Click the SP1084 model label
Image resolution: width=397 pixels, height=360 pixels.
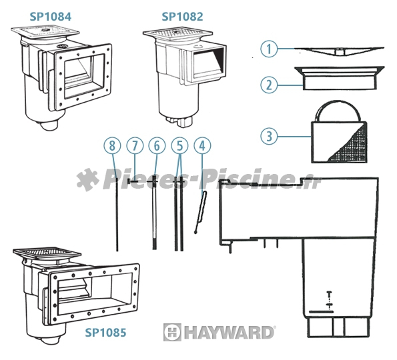pos(51,17)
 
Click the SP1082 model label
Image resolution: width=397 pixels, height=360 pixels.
pos(182,17)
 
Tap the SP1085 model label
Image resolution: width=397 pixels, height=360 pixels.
pos(105,332)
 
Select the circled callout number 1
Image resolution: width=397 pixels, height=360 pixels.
pos(269,49)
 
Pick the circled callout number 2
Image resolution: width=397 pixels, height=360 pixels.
pos(269,85)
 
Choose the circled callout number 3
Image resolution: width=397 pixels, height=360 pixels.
pos(269,136)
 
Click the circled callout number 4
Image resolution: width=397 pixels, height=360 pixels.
pos(202,145)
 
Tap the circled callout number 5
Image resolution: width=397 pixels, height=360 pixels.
pos(179,145)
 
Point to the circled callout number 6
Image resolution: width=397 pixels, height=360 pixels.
pos(157,145)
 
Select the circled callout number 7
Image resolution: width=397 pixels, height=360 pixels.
pos(135,145)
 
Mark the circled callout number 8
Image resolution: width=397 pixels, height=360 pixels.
pos(112,145)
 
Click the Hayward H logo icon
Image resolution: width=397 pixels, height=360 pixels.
pos(172,332)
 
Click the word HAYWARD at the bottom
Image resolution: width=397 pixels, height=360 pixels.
pos(229,332)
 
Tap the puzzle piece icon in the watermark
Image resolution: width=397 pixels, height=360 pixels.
pos(87,179)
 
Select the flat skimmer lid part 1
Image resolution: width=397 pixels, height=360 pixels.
pos(339,51)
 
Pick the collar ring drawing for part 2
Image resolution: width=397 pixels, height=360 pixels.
pos(339,78)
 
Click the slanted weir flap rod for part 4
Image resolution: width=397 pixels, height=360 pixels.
pos(200,212)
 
